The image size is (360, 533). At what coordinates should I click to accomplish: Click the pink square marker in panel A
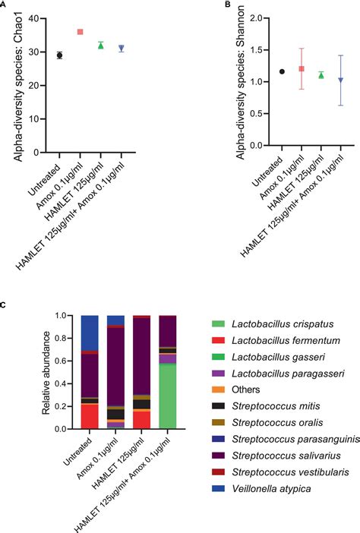[81, 32]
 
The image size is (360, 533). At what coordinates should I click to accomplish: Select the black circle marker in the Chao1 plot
[60, 55]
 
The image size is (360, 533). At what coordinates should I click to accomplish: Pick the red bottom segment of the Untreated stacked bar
[90, 416]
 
